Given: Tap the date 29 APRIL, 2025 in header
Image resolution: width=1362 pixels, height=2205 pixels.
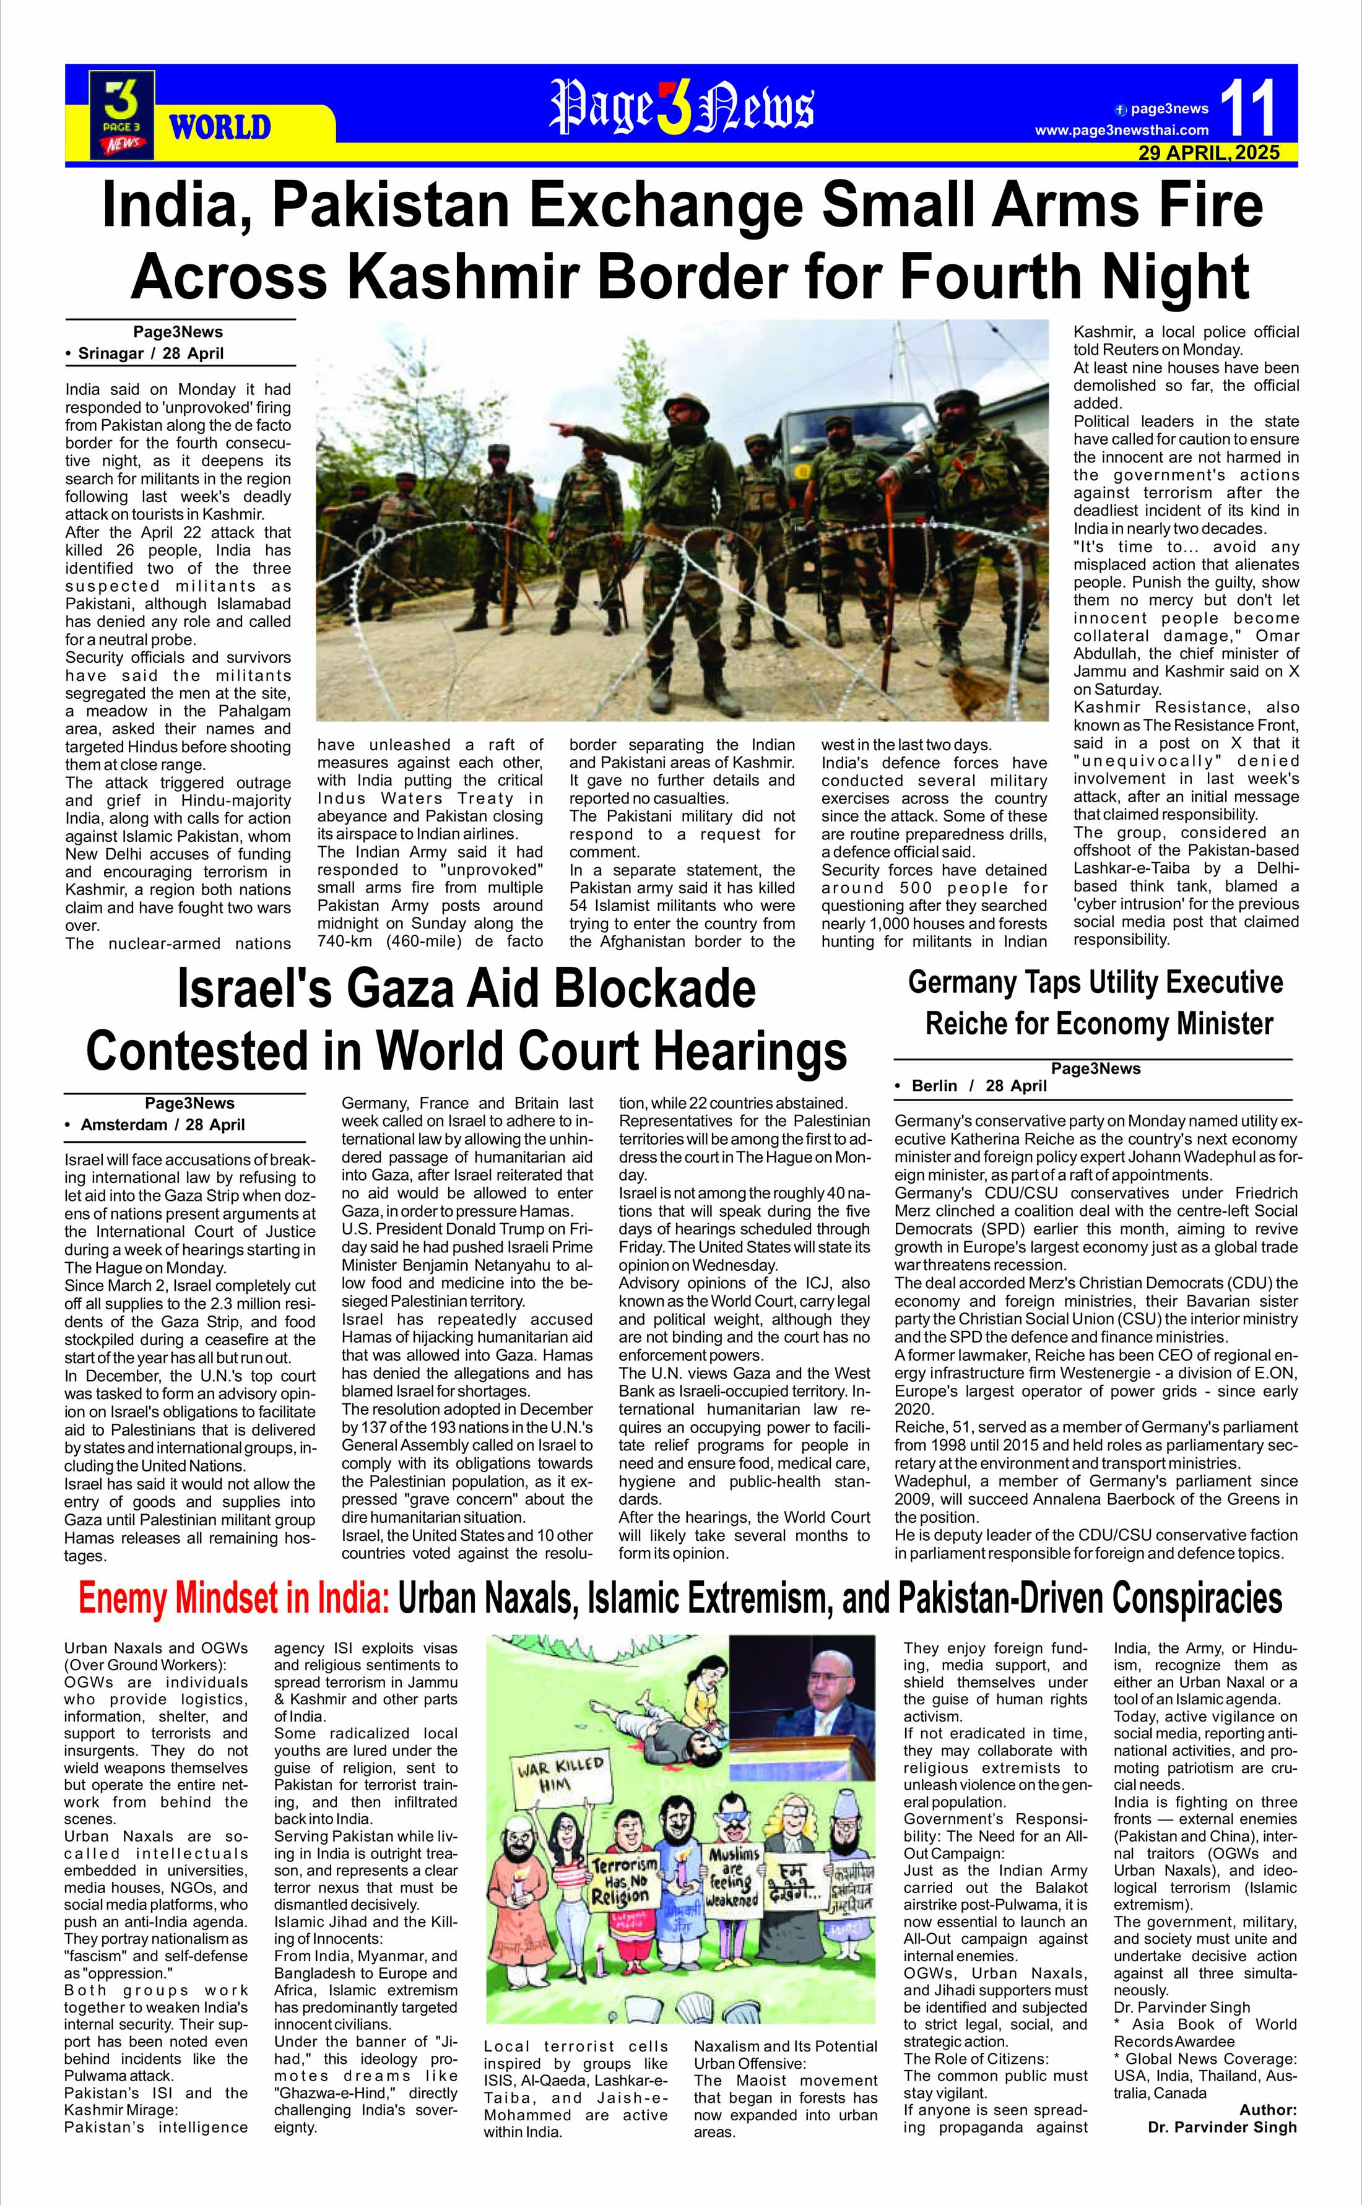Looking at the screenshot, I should pos(1209,152).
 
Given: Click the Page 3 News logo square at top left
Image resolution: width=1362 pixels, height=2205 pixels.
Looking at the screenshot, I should pos(121,115).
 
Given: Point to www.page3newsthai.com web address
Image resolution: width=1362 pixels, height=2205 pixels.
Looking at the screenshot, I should pos(1122,131).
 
